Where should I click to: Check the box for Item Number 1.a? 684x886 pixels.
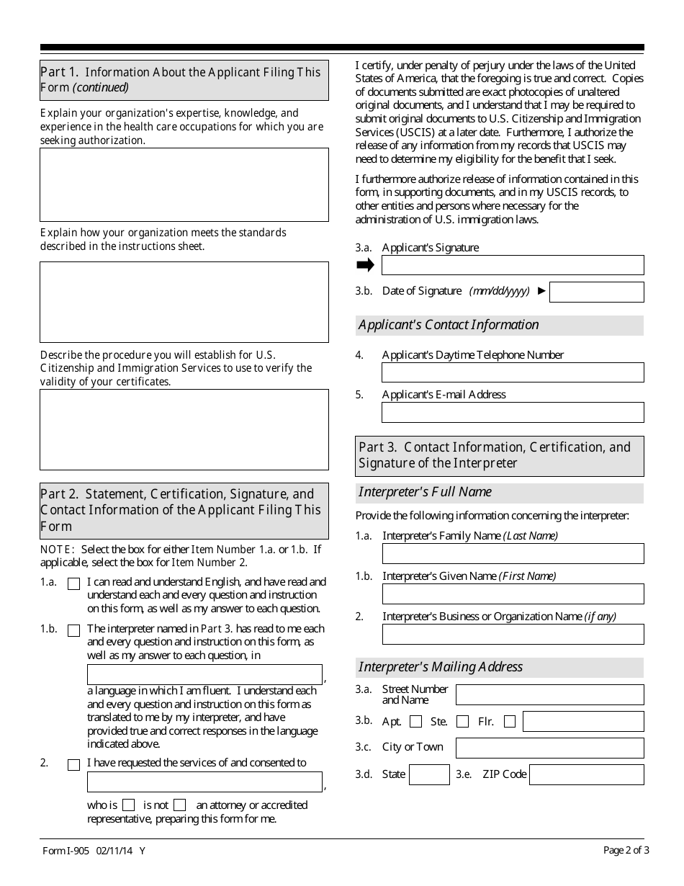(x=73, y=584)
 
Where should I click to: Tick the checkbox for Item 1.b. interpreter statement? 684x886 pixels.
(x=73, y=631)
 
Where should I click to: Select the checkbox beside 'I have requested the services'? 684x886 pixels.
(x=73, y=765)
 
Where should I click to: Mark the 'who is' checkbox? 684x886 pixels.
(x=128, y=805)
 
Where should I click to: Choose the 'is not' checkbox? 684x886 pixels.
(x=180, y=805)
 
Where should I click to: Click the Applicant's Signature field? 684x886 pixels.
(x=513, y=265)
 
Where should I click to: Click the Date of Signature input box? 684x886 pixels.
(x=596, y=292)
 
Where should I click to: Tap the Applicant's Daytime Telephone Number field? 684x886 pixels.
(x=513, y=372)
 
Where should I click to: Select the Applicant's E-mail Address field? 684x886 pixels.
(x=513, y=412)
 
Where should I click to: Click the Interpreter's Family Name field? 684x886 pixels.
(x=513, y=553)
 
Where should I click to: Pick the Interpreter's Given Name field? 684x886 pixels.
(x=513, y=594)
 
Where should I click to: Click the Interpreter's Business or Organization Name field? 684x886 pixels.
(x=513, y=634)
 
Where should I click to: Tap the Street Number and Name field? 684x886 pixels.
(x=550, y=694)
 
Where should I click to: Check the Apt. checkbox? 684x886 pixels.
(x=415, y=722)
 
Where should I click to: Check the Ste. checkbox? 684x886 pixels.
(x=463, y=722)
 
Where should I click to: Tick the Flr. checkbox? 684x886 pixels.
(x=510, y=722)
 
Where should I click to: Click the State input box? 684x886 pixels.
(x=429, y=775)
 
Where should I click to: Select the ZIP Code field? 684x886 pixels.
(x=586, y=775)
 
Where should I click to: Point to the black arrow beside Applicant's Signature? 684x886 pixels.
(x=366, y=265)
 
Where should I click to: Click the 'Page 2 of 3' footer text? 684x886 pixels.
(x=626, y=850)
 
